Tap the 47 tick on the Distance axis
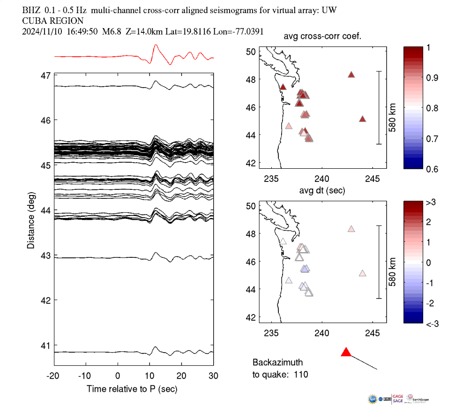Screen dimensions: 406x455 click(x=46, y=75)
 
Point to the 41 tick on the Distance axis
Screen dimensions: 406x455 click(x=46, y=346)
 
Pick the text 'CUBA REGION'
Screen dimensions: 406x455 click(x=53, y=21)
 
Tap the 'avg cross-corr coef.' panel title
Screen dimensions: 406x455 click(x=322, y=37)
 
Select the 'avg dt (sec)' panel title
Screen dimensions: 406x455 click(x=322, y=191)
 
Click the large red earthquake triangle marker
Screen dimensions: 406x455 click(x=346, y=352)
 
